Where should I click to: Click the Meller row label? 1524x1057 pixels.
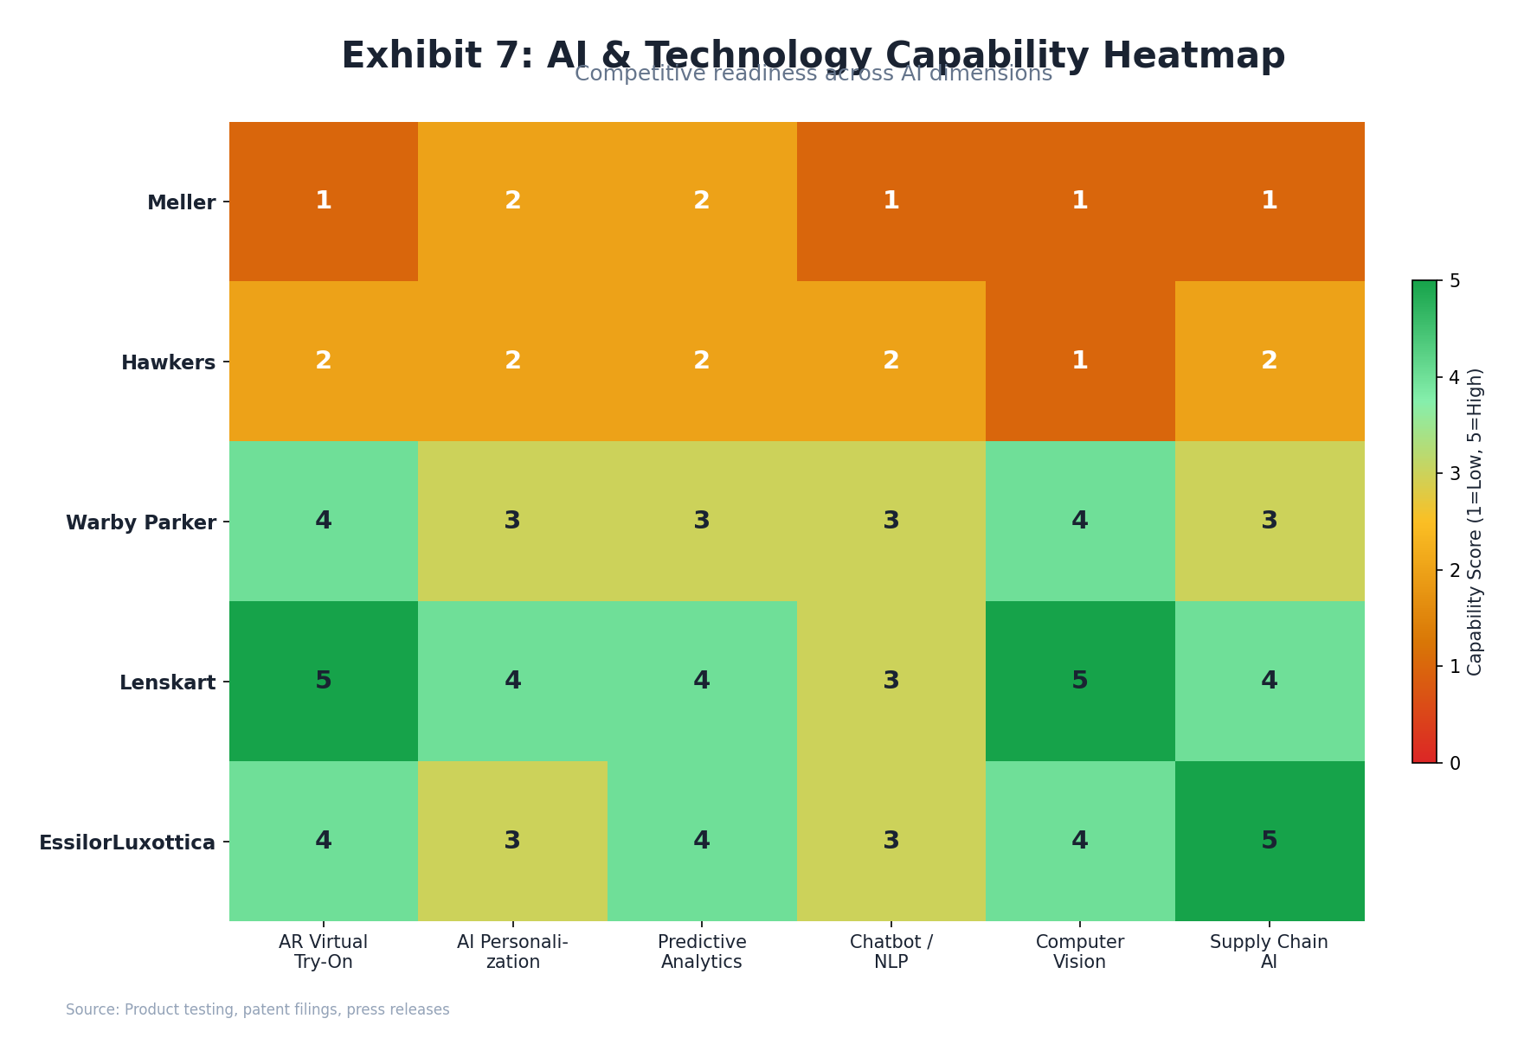181,202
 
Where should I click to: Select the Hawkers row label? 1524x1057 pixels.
168,362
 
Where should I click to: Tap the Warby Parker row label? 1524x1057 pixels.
141,522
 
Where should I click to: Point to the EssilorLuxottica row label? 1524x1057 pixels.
127,842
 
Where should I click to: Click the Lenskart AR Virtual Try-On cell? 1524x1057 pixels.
323,681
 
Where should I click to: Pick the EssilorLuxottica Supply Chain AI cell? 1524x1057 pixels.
1269,841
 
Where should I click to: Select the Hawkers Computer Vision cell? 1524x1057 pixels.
1079,361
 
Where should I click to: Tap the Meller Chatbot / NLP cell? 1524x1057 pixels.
891,201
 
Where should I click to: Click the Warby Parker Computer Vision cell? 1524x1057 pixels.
1079,521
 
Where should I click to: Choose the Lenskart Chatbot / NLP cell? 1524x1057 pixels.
891,681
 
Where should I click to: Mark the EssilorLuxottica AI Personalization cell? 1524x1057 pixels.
512,841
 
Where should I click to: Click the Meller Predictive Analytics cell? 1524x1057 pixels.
701,201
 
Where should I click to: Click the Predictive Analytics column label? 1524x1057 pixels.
701,951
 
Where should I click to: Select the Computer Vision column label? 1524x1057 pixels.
1079,951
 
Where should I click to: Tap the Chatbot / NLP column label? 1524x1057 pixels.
891,951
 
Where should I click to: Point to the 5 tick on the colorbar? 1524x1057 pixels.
1454,281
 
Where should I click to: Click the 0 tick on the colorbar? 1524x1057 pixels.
1454,763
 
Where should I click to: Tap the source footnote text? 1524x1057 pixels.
257,1009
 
